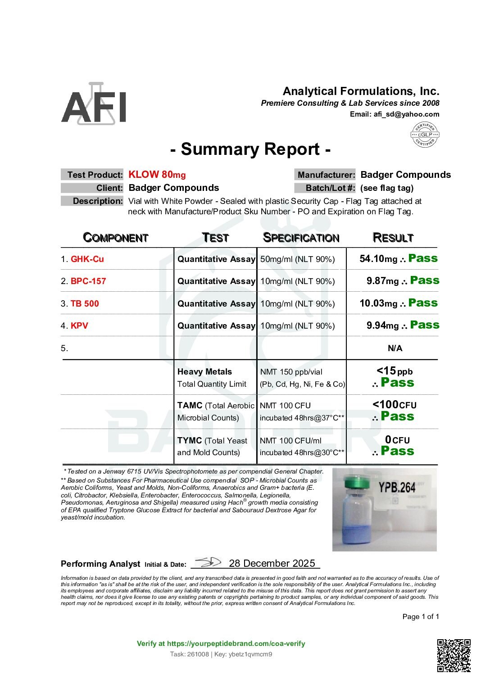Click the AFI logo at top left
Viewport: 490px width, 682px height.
(x=94, y=104)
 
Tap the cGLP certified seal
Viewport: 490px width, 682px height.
(x=425, y=135)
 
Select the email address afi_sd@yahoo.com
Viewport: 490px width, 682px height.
(x=406, y=114)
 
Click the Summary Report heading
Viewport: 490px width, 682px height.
(x=250, y=149)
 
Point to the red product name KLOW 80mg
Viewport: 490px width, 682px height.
(x=157, y=175)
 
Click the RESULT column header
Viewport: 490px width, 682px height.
(x=393, y=238)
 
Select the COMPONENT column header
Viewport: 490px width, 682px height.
(x=116, y=238)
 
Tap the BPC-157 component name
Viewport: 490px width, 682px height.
(x=88, y=281)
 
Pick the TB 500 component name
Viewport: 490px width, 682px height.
(x=85, y=303)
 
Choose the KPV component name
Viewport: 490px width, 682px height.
(x=79, y=325)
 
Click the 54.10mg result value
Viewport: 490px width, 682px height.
(x=378, y=259)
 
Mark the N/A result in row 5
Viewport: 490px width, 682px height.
(x=395, y=348)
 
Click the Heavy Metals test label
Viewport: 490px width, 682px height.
(x=204, y=372)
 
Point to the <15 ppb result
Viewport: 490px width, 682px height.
(x=394, y=371)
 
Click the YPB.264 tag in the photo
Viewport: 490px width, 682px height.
(x=396, y=488)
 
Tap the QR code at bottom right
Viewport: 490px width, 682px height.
(x=454, y=655)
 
